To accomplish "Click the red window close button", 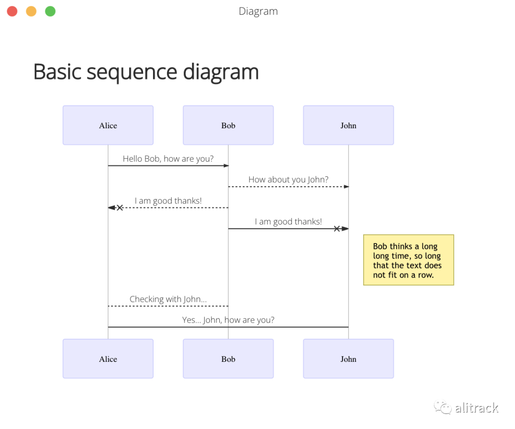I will click(x=12, y=11).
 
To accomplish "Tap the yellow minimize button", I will click(x=31, y=11).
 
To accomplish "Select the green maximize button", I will click(x=50, y=11).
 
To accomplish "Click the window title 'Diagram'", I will click(x=258, y=11).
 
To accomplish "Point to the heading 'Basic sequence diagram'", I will click(x=146, y=72).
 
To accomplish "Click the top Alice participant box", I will click(x=108, y=125).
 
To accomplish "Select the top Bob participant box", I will click(x=228, y=125).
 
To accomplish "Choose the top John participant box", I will click(x=348, y=125).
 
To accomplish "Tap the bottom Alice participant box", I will click(x=108, y=359).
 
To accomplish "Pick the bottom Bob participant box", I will click(x=228, y=359).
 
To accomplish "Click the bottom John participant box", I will click(x=348, y=359).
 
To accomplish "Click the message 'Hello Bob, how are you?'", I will click(x=168, y=159).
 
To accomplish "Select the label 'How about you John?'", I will click(x=288, y=180).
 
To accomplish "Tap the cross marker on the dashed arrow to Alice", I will click(x=120, y=208).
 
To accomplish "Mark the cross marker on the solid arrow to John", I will click(x=337, y=229).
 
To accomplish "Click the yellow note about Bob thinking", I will click(x=408, y=260).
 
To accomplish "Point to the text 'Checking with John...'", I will click(x=168, y=299).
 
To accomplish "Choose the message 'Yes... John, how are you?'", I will click(x=228, y=320).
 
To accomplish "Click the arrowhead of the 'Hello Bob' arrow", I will click(x=227, y=166).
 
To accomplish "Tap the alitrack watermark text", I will click(x=476, y=408).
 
